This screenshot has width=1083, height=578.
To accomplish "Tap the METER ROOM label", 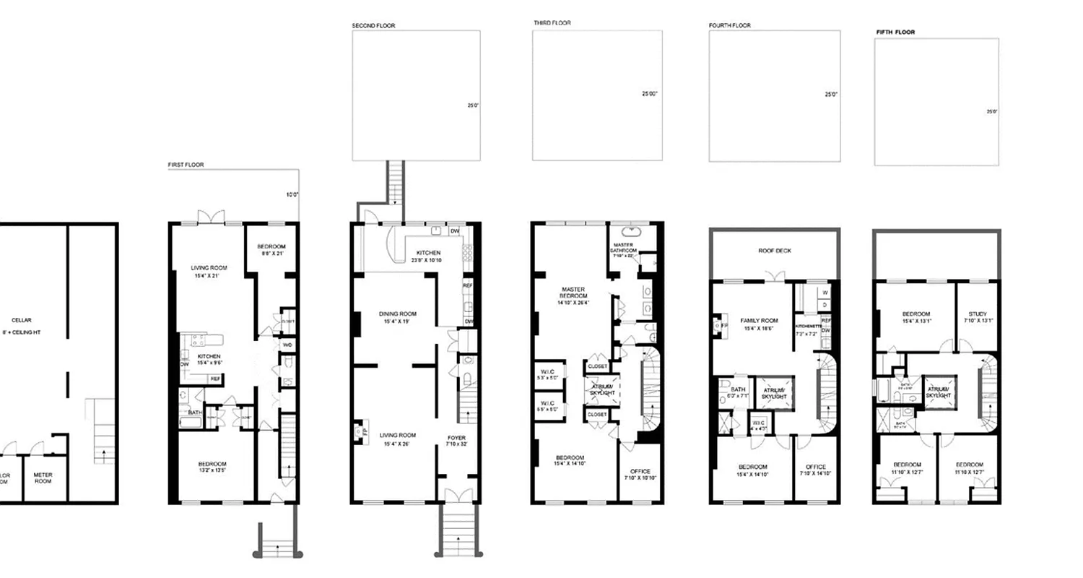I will (x=45, y=478).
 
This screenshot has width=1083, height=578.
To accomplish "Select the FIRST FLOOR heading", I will (x=186, y=165).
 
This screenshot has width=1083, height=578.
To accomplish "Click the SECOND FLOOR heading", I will (x=373, y=26).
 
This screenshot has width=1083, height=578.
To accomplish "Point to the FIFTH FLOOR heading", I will (x=895, y=33).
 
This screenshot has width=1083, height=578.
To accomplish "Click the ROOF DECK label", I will (x=775, y=251).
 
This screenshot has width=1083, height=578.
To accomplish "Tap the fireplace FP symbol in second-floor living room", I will (x=360, y=432).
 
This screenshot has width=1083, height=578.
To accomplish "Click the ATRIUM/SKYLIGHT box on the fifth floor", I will (x=939, y=392).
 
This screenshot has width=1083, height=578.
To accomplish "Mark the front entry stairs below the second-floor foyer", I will (x=456, y=531).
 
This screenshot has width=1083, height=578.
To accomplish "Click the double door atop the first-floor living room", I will (x=209, y=217).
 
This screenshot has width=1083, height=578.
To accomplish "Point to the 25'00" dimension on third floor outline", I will (x=649, y=94).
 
